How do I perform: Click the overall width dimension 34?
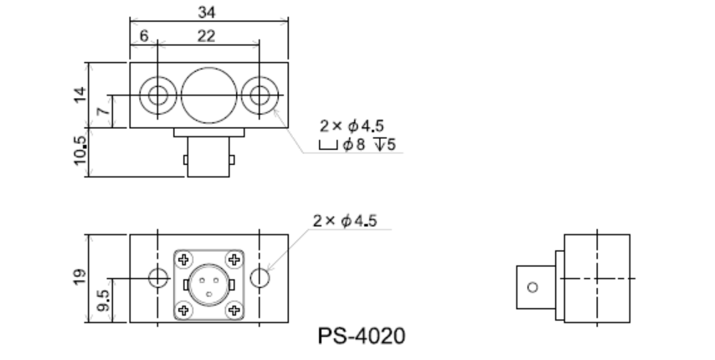206,12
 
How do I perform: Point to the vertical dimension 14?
80,94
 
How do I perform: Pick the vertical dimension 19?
80,277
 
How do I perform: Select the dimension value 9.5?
103,299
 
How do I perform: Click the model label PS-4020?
362,337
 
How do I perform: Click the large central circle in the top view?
208,95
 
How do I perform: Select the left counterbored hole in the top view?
156,95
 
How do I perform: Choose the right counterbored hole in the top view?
260,95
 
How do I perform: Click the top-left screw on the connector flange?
184,258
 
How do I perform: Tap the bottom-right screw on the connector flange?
234,310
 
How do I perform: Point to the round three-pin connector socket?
209,284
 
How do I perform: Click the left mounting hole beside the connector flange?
157,278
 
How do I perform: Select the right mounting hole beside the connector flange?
261,278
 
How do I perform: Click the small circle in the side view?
529,287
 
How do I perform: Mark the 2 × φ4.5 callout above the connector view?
344,221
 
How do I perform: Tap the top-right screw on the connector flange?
234,258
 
